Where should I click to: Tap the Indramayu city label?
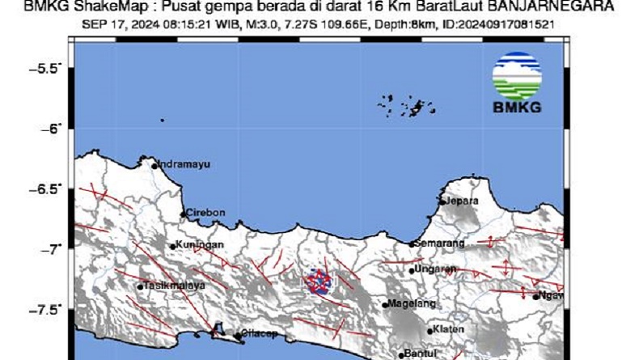coord(184,164)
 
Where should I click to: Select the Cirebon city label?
coord(205,214)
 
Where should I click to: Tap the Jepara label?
coord(463,201)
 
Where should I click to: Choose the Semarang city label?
coord(441,243)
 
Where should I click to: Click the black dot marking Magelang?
coord(386,305)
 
